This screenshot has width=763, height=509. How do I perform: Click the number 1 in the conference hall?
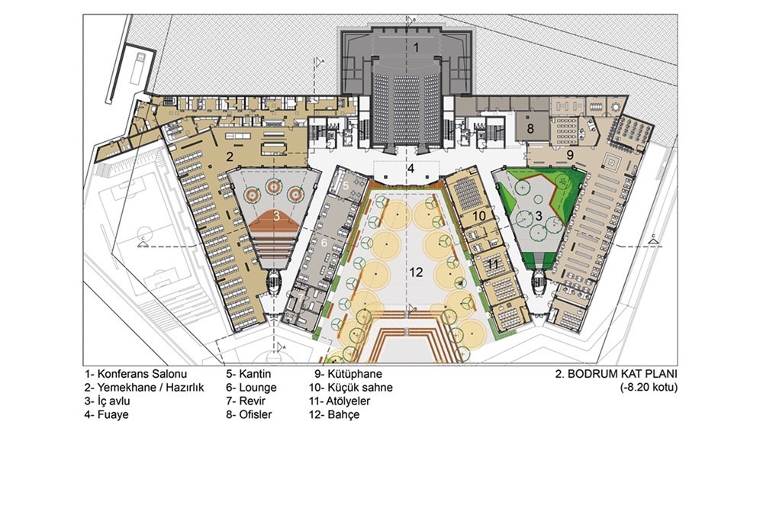(x=416, y=47)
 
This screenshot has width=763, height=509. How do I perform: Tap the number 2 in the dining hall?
(x=230, y=156)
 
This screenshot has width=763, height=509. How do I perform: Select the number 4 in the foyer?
(x=411, y=169)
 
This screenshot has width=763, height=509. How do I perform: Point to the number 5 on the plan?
(x=346, y=185)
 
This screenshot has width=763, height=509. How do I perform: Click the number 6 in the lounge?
(x=324, y=241)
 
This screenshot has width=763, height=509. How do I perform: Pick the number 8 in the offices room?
(x=530, y=129)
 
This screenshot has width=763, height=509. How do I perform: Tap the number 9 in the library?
(x=570, y=155)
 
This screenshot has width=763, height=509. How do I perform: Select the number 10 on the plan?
(x=479, y=215)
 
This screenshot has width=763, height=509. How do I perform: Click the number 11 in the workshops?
(x=493, y=265)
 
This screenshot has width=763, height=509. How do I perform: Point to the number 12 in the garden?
(x=416, y=272)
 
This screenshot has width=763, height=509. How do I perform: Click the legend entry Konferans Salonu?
(x=136, y=374)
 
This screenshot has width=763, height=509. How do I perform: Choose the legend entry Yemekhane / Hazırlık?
(x=144, y=388)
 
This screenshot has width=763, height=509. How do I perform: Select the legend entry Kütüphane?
(x=348, y=374)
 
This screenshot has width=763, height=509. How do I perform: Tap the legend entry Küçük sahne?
(x=350, y=388)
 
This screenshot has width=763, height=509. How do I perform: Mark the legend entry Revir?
(x=246, y=401)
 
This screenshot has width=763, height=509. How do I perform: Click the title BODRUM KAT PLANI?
(x=617, y=374)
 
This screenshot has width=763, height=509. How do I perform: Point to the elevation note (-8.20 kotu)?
(x=649, y=388)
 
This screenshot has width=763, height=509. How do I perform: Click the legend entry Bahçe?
(x=334, y=415)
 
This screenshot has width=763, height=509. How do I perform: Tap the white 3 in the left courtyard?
(x=276, y=217)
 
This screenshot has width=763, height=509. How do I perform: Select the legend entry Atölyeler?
(x=340, y=401)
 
